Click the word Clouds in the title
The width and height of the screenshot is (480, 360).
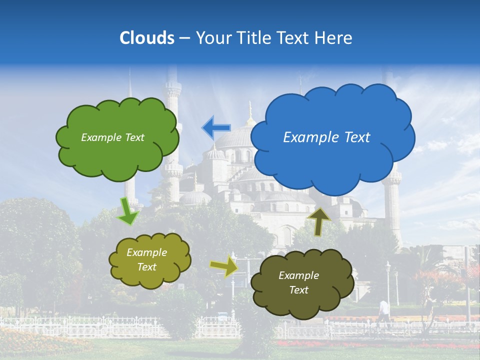[147, 38]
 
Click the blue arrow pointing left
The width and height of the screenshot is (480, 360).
[215, 128]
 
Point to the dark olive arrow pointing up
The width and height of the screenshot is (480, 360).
[319, 221]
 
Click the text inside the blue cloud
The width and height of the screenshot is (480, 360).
[326, 137]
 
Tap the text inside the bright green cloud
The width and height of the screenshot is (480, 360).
[112, 137]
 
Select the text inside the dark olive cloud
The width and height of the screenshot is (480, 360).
[298, 282]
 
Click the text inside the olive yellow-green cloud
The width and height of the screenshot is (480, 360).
[146, 259]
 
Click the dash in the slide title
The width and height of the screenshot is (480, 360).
[184, 38]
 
